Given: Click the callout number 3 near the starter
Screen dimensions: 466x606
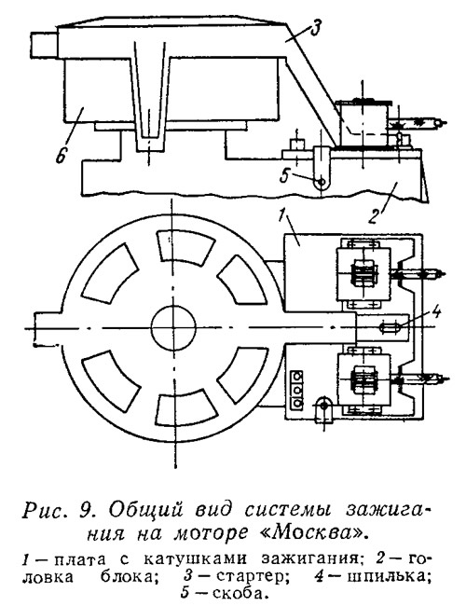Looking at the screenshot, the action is click(315, 30).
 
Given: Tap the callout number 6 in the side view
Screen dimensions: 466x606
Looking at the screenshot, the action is click(62, 155).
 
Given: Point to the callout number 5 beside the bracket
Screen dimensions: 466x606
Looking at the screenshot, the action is click(285, 176).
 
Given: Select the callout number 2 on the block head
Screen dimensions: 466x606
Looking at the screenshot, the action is click(372, 216).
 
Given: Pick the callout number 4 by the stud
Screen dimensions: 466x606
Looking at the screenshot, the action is click(435, 312).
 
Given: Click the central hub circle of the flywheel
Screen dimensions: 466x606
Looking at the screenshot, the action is click(173, 328).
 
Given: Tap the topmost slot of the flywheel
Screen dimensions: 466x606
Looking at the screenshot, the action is click(185, 248).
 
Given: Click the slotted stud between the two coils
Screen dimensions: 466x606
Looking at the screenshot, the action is click(391, 328).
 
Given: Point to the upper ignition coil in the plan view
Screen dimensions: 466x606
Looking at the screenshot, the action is click(363, 274).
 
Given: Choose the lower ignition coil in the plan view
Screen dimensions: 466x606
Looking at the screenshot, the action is click(363, 379).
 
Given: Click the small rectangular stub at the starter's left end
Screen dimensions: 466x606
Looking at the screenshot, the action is click(44, 46).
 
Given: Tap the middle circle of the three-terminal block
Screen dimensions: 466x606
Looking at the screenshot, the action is click(297, 389).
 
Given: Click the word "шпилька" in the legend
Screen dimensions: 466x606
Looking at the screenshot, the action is click(388, 576).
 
